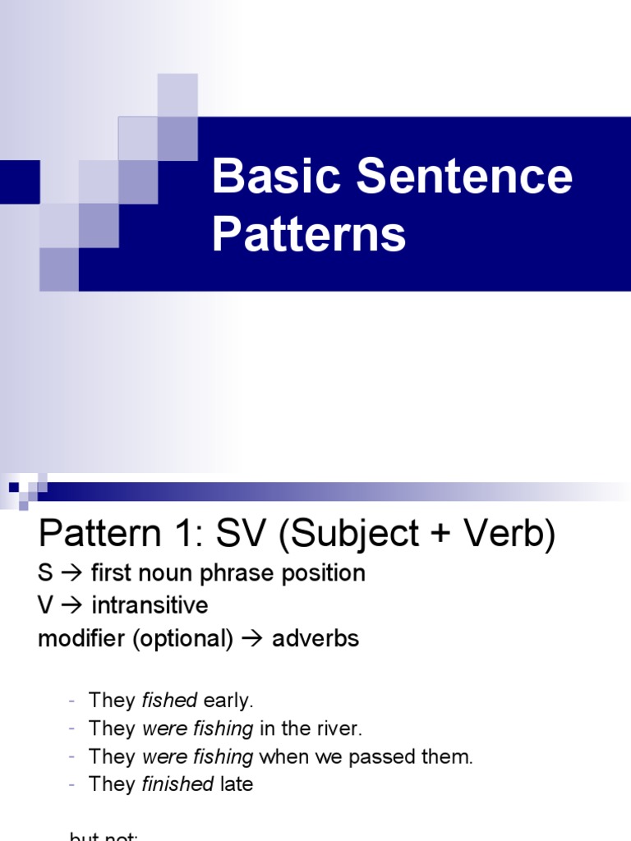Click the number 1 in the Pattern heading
pyautogui.click(x=186, y=536)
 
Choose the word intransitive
pyautogui.click(x=150, y=606)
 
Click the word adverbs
pyautogui.click(x=317, y=639)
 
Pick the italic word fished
pyautogui.click(x=169, y=701)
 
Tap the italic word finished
pyautogui.click(x=178, y=784)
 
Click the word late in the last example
pyautogui.click(x=237, y=784)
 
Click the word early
pyautogui.click(x=228, y=701)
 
